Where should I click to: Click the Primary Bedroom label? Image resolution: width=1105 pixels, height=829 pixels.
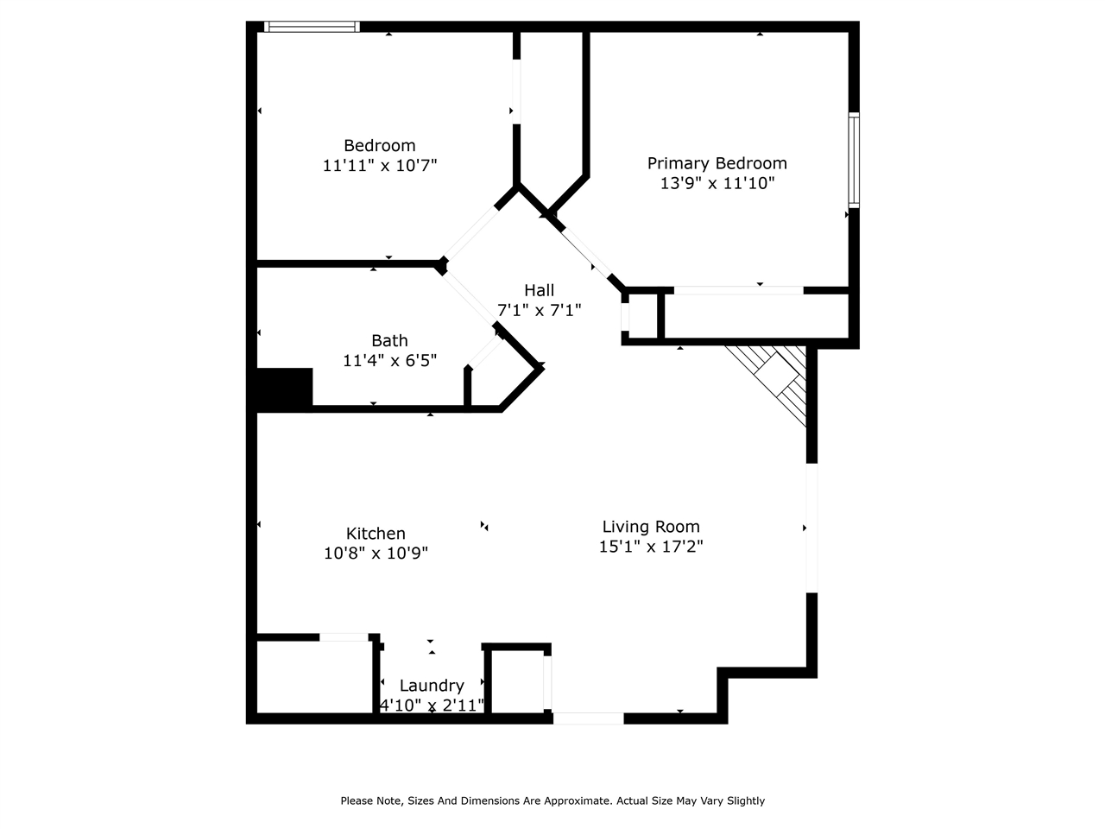click(x=717, y=163)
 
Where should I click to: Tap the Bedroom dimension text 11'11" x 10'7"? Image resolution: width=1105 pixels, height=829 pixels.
click(x=380, y=165)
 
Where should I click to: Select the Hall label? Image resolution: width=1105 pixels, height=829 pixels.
click(x=539, y=290)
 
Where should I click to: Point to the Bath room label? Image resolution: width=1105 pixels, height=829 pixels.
click(x=389, y=340)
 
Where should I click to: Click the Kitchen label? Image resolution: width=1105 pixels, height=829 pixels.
click(x=376, y=534)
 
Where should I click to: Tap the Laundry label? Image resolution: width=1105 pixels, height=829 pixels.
click(x=432, y=686)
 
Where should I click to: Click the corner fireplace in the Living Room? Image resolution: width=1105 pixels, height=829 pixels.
click(x=777, y=380)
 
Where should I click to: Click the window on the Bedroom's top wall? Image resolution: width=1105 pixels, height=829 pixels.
click(x=312, y=27)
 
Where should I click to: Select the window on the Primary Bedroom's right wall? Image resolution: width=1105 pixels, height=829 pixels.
click(x=853, y=160)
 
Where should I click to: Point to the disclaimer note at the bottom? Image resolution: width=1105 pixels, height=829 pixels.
click(x=552, y=801)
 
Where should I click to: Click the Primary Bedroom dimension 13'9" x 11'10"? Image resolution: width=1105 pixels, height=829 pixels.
click(x=717, y=183)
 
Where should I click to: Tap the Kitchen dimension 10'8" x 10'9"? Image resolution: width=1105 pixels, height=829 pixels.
click(x=376, y=553)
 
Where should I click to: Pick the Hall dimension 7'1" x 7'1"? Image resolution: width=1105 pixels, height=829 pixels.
click(x=539, y=310)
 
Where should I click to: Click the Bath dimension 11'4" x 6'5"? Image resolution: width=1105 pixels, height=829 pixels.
click(x=389, y=360)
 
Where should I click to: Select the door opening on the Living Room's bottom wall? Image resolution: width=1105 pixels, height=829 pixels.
click(x=588, y=718)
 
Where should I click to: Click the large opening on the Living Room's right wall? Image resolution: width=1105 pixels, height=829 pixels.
click(x=811, y=528)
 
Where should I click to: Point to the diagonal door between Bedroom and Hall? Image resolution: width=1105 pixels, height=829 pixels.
click(x=471, y=231)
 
